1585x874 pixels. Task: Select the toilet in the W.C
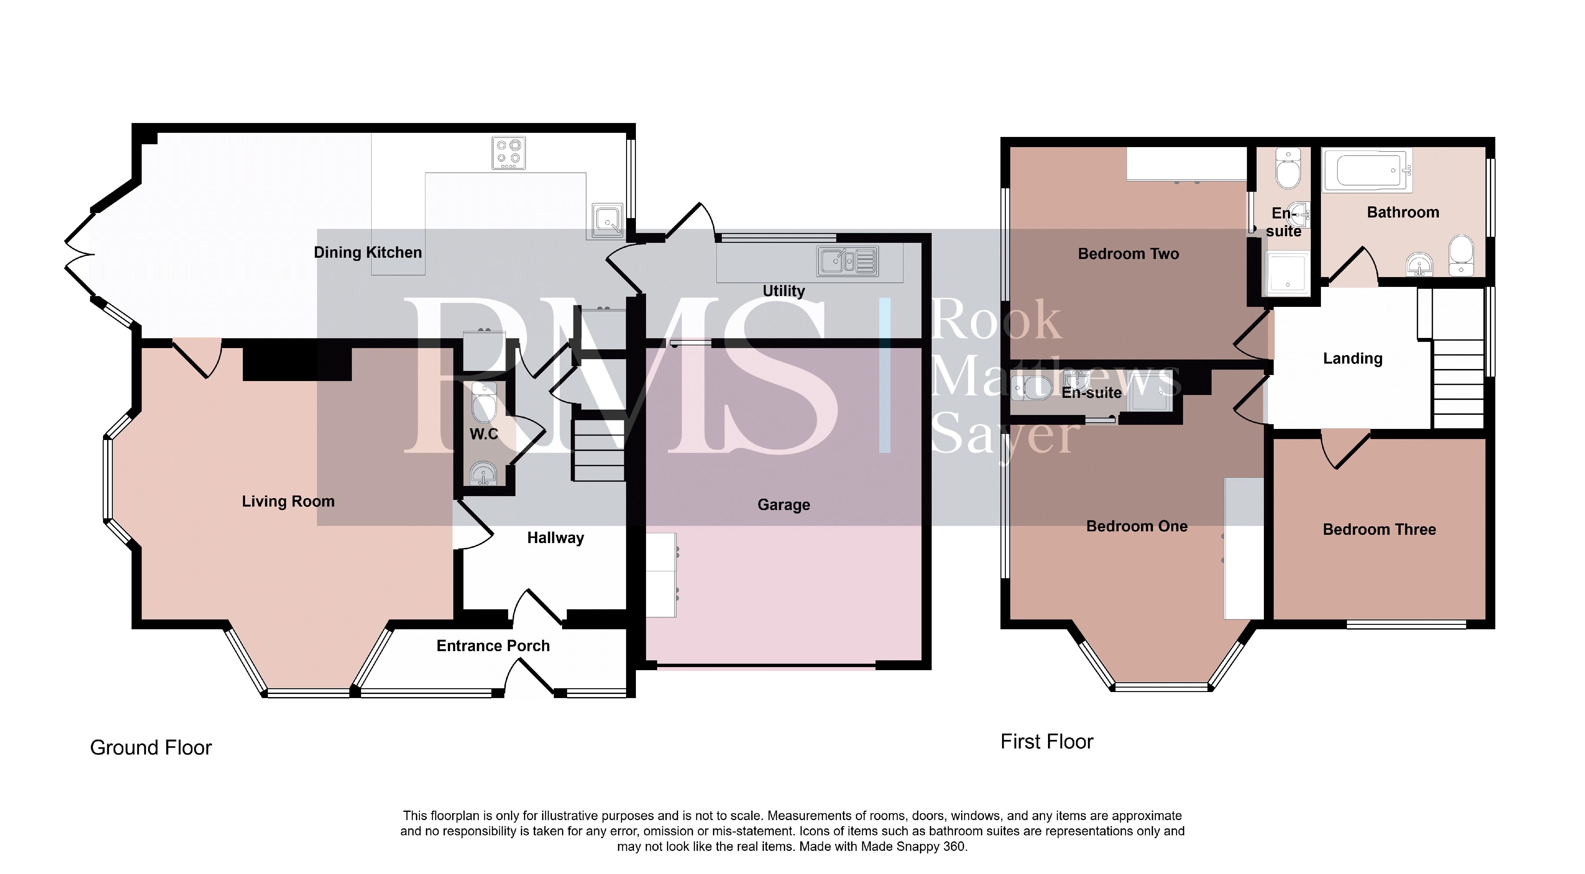point(484,402)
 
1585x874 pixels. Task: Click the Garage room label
point(783,505)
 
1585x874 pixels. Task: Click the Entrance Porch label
point(493,646)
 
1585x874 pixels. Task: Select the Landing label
point(1352,358)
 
